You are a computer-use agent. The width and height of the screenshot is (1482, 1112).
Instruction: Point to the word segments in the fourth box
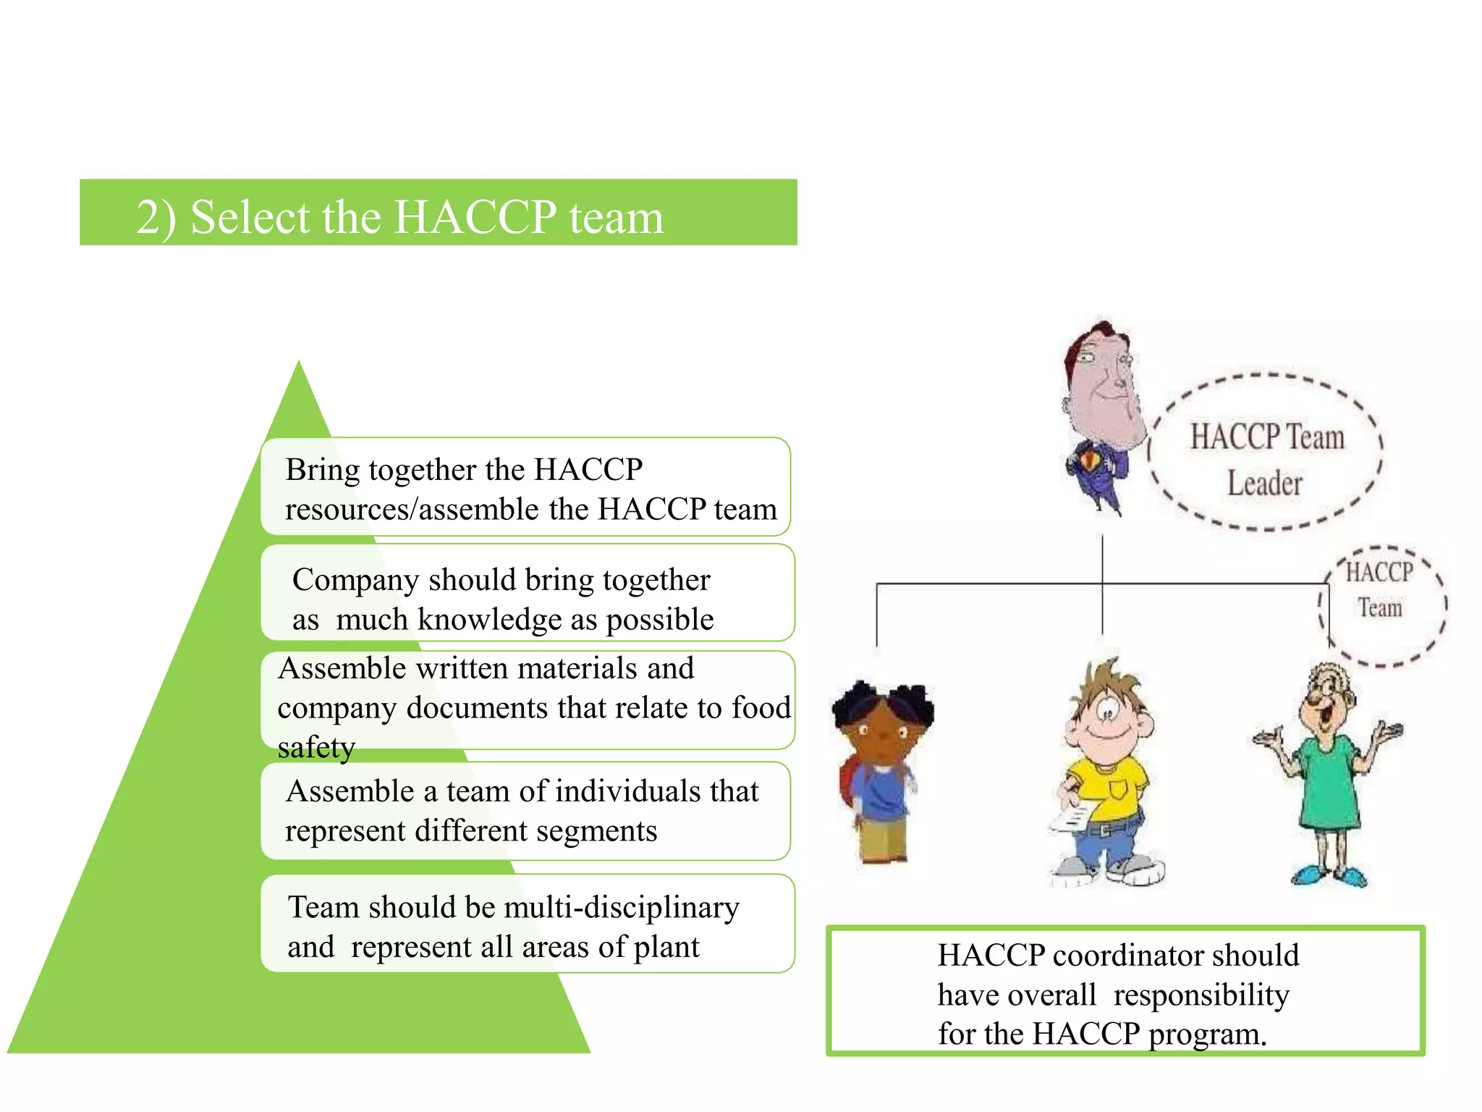click(593, 831)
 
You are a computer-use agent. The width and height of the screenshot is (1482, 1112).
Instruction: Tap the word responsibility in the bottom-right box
click(1201, 995)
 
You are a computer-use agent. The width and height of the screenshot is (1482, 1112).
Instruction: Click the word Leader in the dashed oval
click(1264, 483)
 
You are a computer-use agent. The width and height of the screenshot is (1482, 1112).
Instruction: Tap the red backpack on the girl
click(848, 782)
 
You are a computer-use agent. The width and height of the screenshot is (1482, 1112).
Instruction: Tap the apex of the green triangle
click(299, 366)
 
